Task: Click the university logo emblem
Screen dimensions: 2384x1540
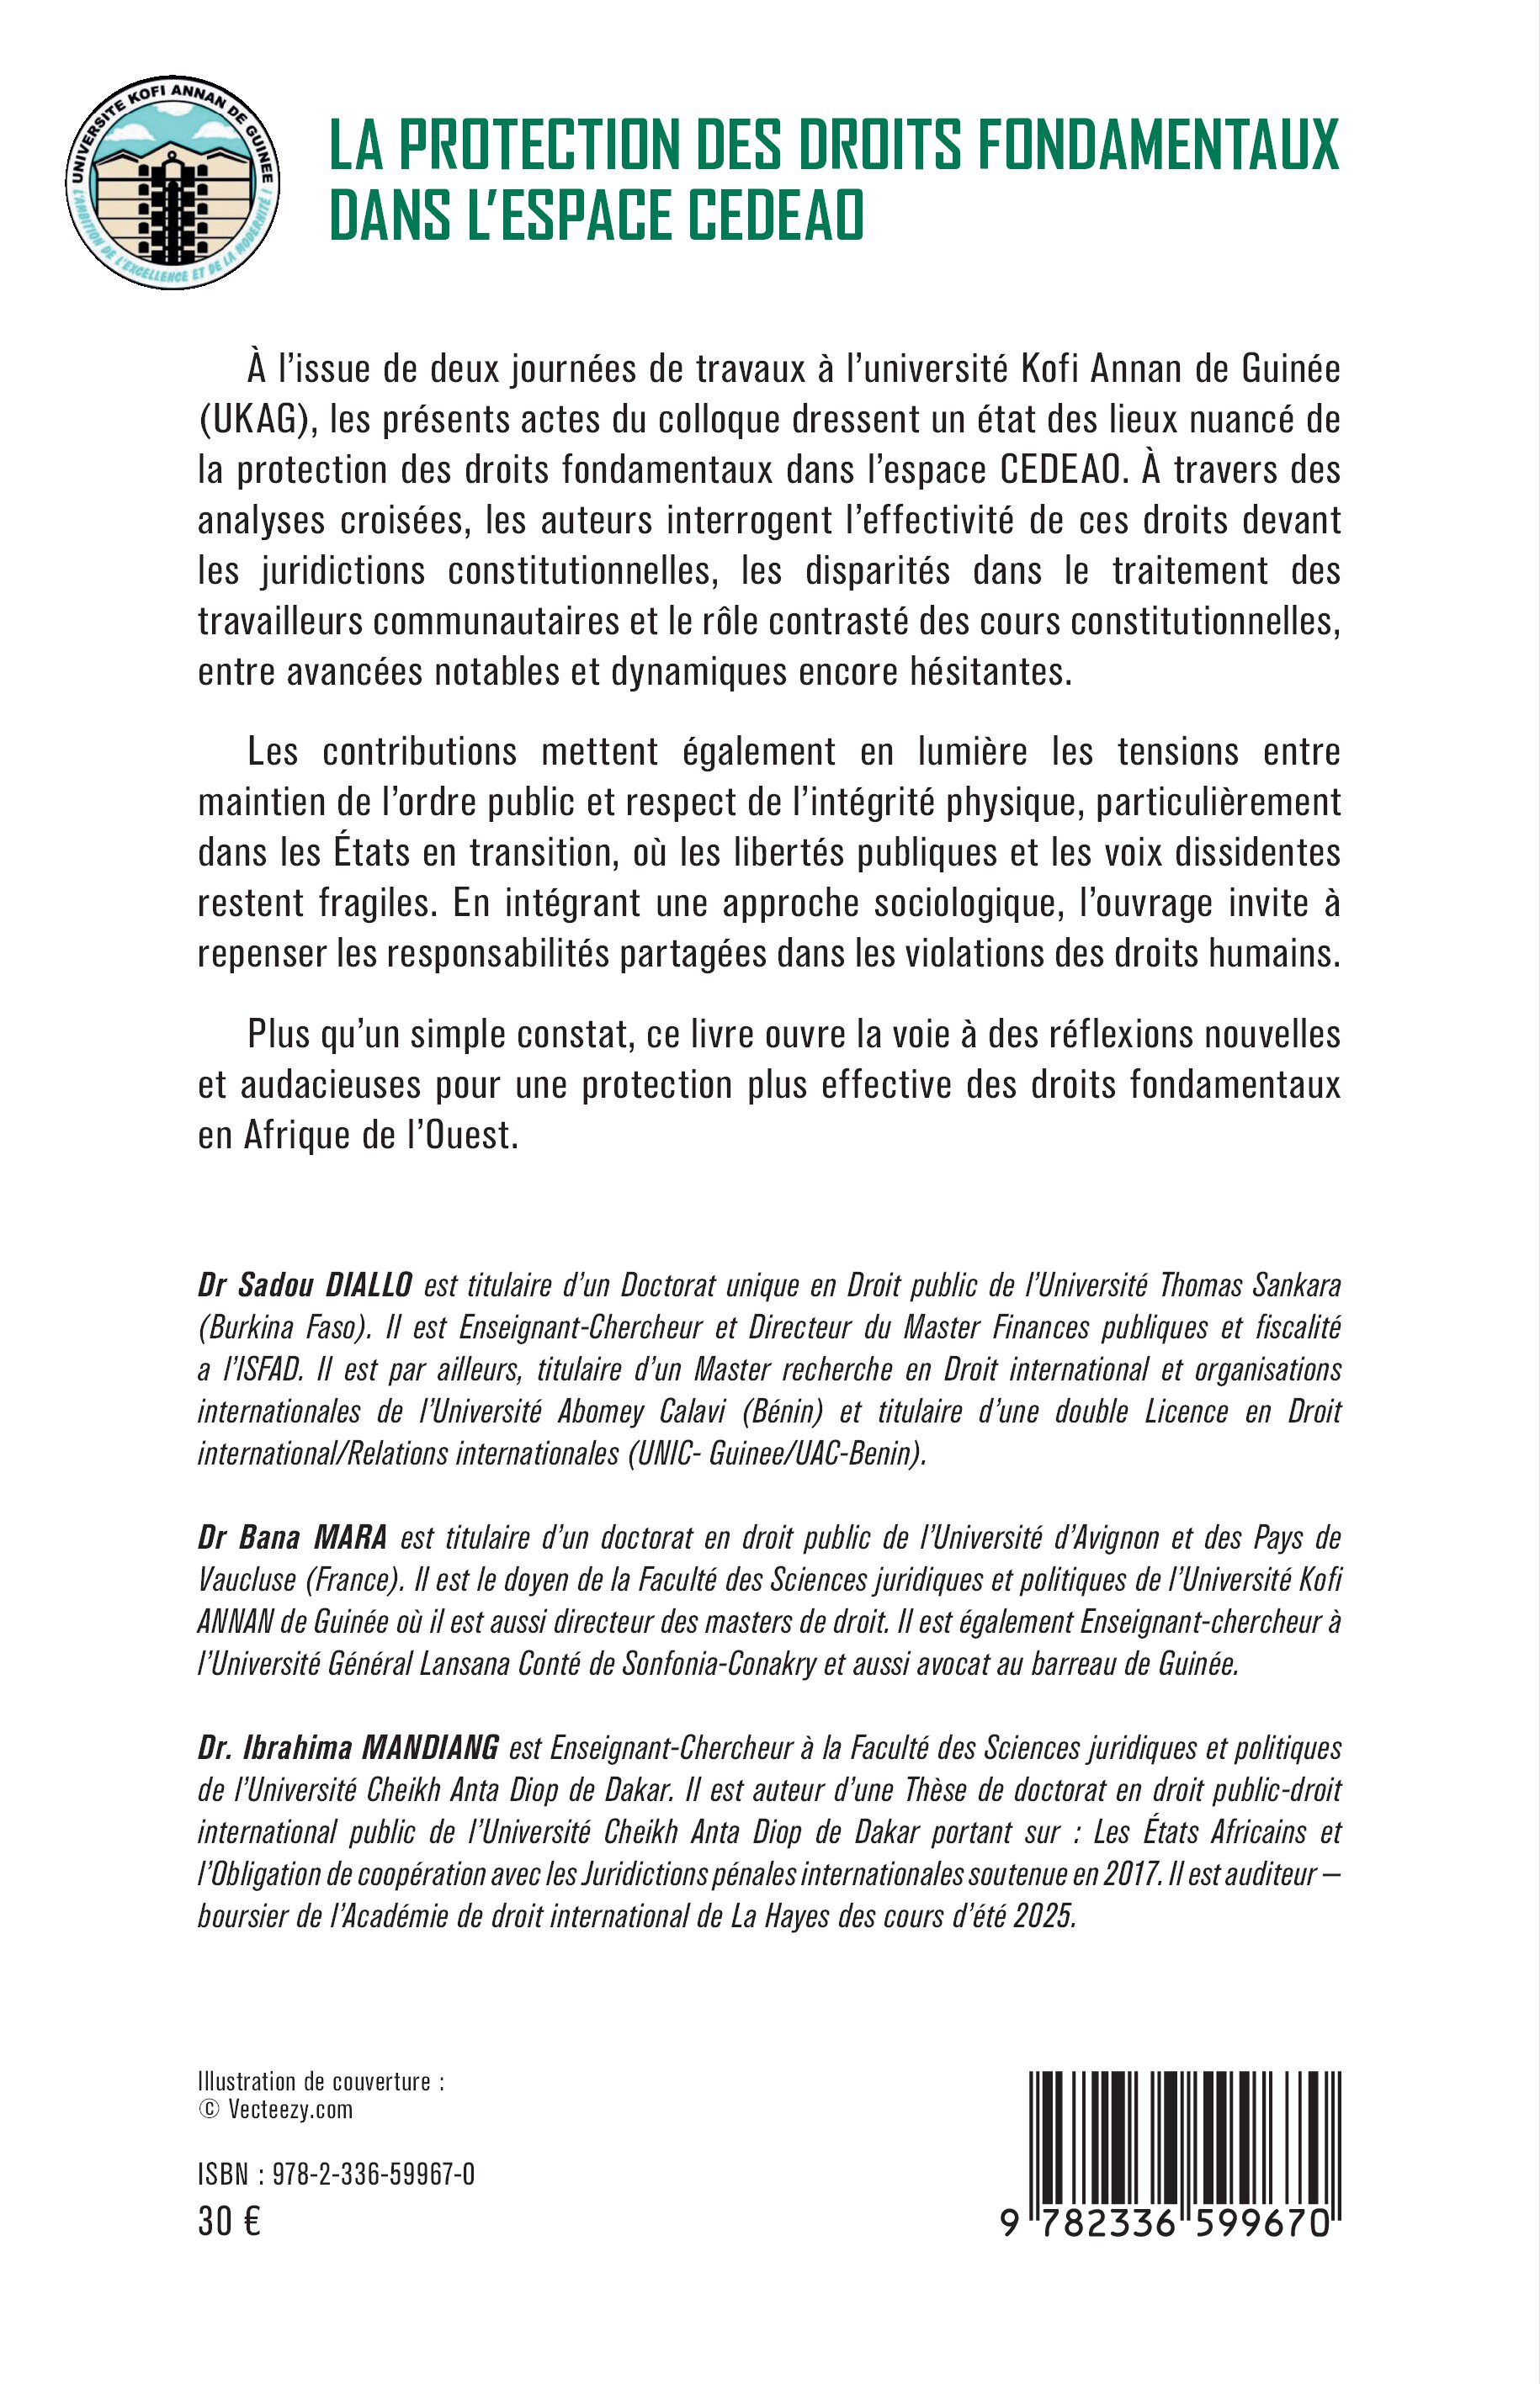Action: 172,183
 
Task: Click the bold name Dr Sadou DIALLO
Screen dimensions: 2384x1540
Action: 305,1285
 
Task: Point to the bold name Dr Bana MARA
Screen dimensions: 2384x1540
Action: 292,1538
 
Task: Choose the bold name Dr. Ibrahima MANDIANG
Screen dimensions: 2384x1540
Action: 348,1748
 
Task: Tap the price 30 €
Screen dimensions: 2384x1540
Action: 229,2221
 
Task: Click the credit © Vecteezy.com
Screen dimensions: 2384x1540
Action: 276,2109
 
